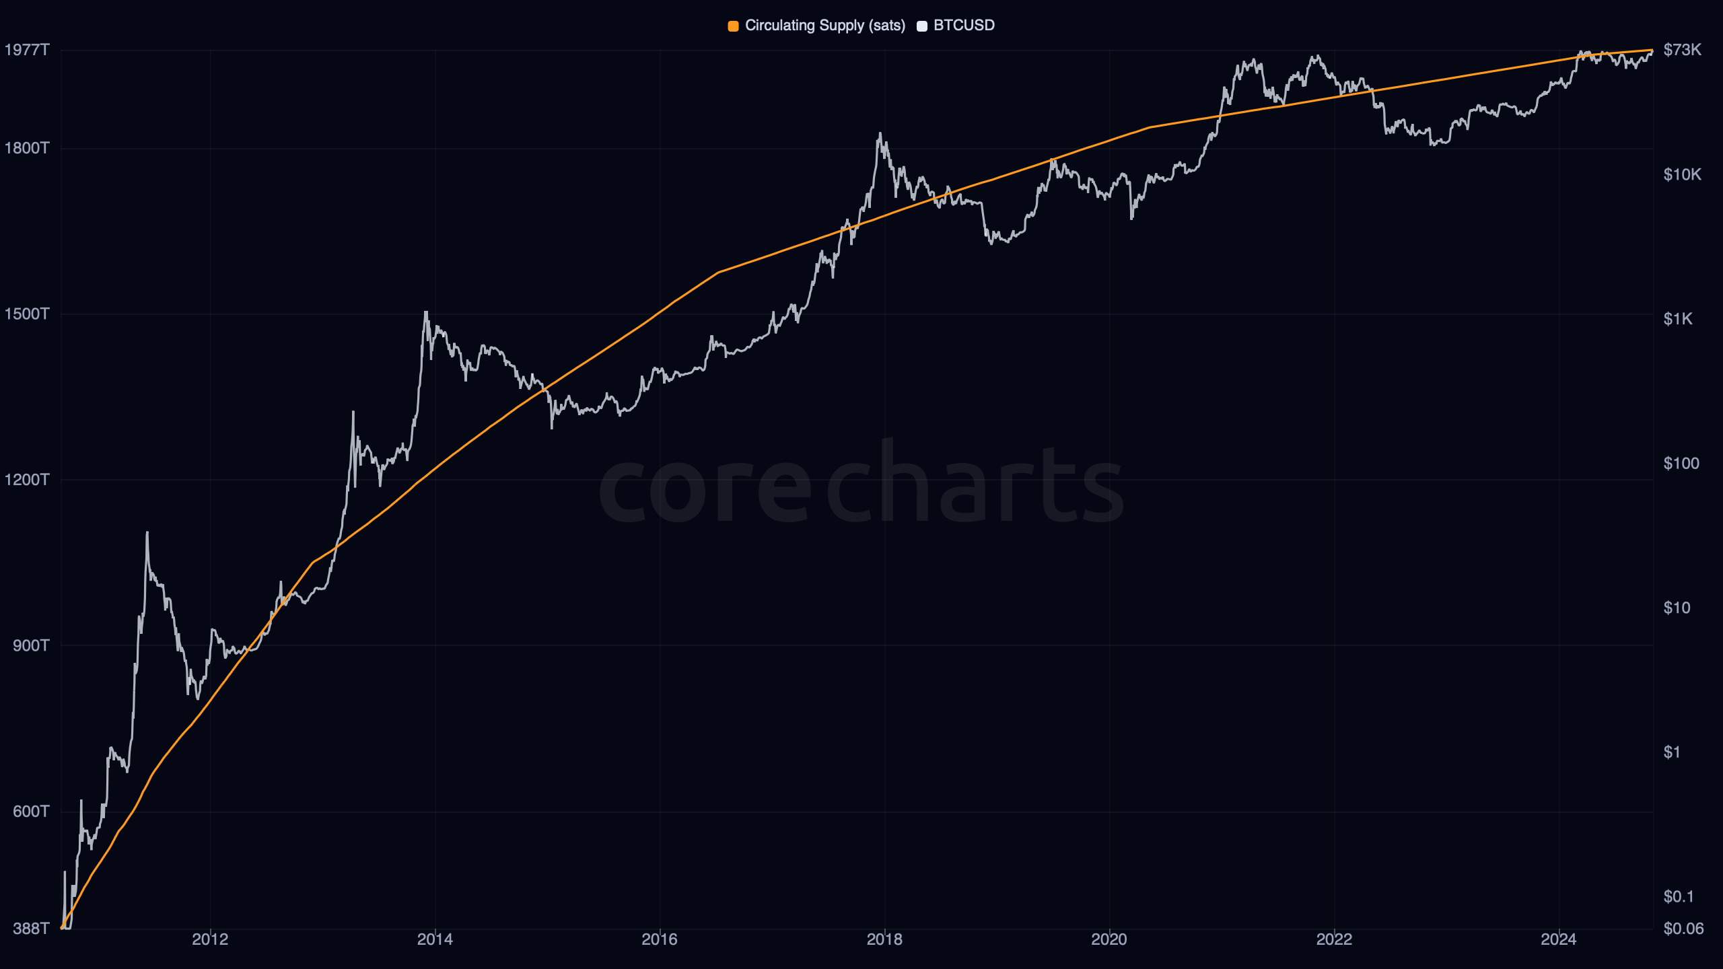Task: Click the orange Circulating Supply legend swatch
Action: pyautogui.click(x=733, y=26)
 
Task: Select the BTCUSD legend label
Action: pyautogui.click(x=964, y=26)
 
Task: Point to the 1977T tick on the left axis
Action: pyautogui.click(x=27, y=50)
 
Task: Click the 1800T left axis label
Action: pyautogui.click(x=27, y=148)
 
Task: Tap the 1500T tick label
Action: pyautogui.click(x=27, y=314)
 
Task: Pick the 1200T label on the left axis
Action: pyautogui.click(x=27, y=480)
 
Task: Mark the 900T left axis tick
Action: pyautogui.click(x=31, y=646)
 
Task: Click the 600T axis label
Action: pyautogui.click(x=31, y=812)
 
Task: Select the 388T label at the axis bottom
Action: pyautogui.click(x=31, y=929)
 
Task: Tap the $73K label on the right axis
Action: pyautogui.click(x=1682, y=50)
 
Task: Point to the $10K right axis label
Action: pyautogui.click(x=1682, y=175)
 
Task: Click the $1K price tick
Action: pyautogui.click(x=1677, y=319)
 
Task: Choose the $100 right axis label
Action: pyautogui.click(x=1681, y=464)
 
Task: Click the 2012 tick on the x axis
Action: pyautogui.click(x=210, y=939)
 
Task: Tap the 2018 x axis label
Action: pyautogui.click(x=884, y=939)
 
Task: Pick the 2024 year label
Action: pyautogui.click(x=1558, y=939)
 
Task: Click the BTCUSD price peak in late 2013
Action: pyautogui.click(x=425, y=312)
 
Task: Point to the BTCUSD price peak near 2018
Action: pyautogui.click(x=880, y=134)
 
